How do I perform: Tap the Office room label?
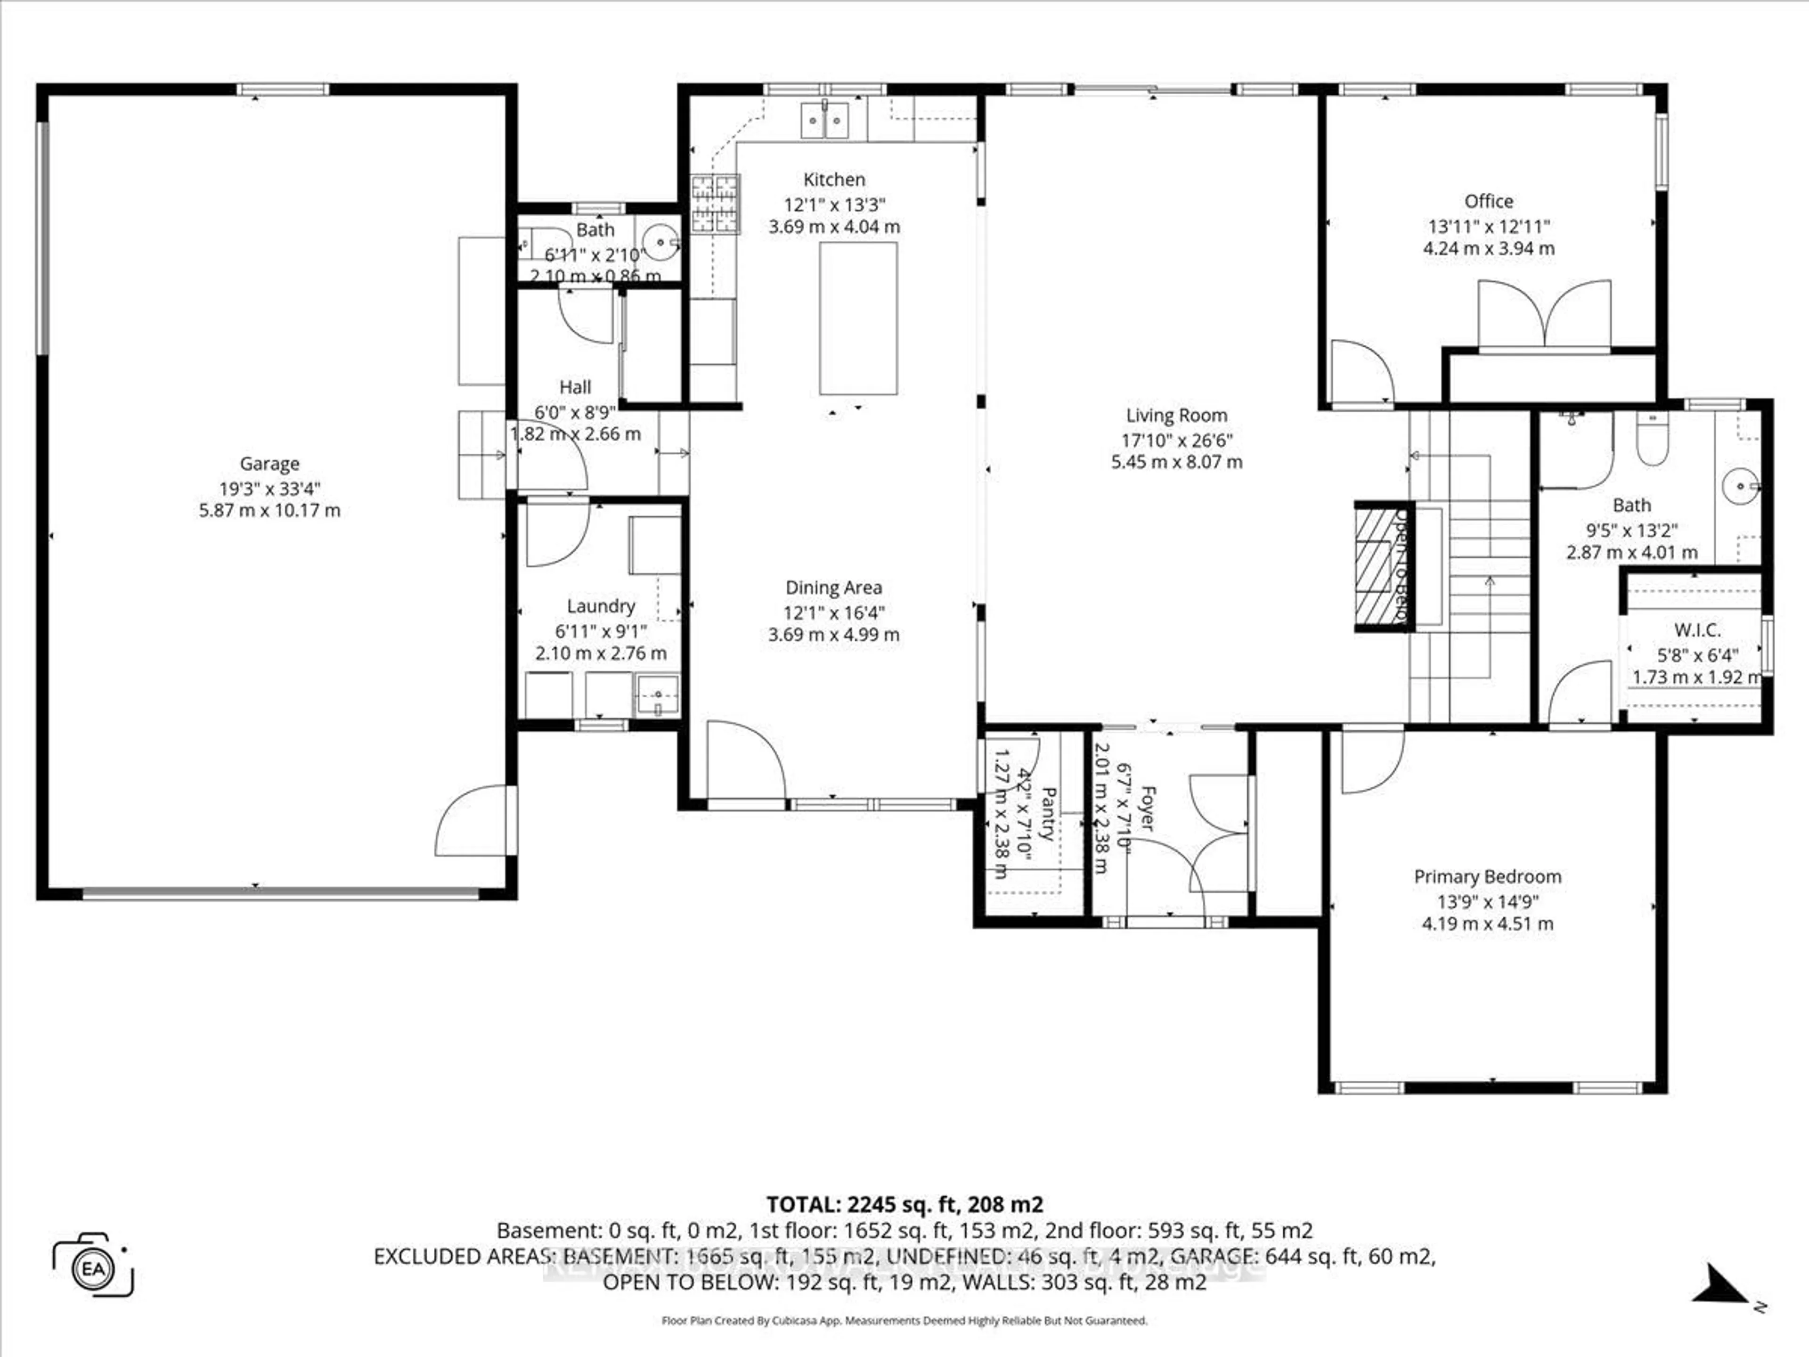click(1488, 201)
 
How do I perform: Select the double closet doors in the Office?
click(1544, 315)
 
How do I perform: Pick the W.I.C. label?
click(1697, 630)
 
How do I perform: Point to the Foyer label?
click(1148, 808)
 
